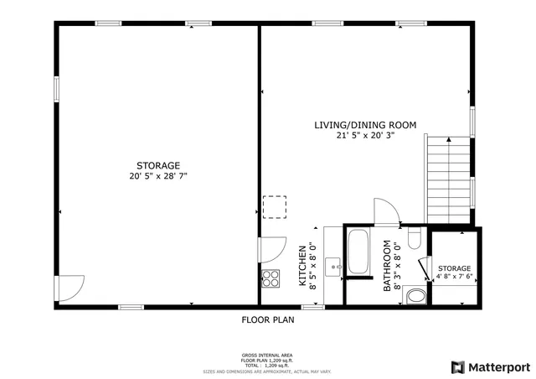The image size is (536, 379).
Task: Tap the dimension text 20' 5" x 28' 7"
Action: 158,177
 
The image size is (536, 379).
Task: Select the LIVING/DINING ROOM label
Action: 365,125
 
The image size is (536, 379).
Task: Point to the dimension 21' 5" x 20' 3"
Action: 365,135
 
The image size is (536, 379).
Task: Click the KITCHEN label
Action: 302,266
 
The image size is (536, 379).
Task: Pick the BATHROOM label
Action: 387,266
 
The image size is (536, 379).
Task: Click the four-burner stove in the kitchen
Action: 271,278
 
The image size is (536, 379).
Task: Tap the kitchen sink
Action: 333,267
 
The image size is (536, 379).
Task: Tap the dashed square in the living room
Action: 275,206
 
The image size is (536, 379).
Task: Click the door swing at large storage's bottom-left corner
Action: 69,288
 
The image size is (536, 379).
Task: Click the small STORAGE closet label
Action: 454,268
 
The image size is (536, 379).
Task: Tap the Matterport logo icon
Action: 457,366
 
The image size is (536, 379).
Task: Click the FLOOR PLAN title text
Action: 267,319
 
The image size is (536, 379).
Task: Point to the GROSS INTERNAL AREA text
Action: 267,356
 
